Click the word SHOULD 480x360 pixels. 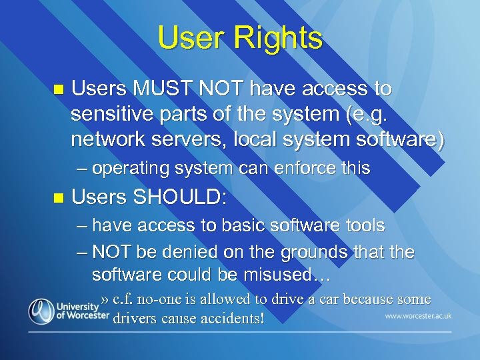(x=179, y=197)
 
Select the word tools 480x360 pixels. (x=364, y=226)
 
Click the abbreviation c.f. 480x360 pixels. (x=125, y=299)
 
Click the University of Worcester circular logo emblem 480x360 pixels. (x=41, y=311)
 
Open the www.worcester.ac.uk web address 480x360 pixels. (x=417, y=315)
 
